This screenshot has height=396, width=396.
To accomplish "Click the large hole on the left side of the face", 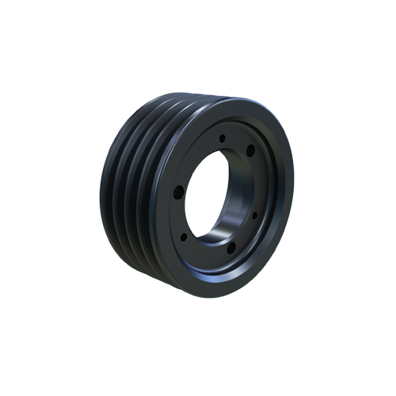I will (x=176, y=191).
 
